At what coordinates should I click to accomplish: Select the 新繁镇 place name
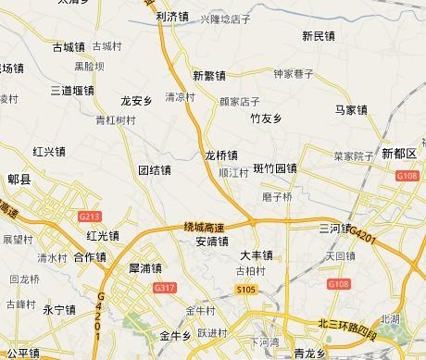click(209, 73)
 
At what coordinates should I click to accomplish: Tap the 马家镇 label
click(351, 110)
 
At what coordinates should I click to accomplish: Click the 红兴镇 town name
click(48, 151)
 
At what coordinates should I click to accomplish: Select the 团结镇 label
click(155, 170)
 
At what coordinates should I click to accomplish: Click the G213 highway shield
click(90, 217)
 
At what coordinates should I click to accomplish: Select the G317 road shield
click(167, 290)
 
